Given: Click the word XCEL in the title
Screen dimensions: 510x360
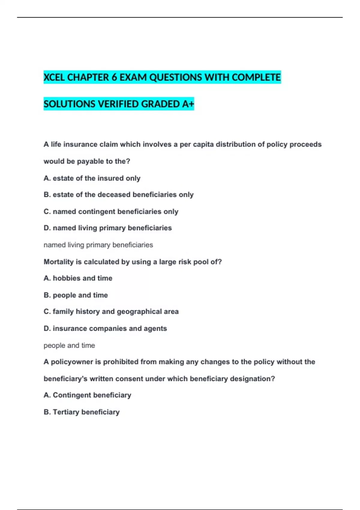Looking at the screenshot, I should (54, 77).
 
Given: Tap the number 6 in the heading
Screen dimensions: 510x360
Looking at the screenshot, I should (114, 77).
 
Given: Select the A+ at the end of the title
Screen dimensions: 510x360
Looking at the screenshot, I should (188, 104).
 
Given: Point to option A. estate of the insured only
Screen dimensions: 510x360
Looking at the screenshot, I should (92, 178).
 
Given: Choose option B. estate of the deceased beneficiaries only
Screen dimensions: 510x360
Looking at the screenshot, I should (118, 195).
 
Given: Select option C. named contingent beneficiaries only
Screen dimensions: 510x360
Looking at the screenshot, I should (111, 211).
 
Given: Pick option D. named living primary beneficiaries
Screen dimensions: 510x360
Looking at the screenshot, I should (108, 228).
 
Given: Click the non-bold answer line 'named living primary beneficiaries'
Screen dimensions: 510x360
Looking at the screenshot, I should (98, 245).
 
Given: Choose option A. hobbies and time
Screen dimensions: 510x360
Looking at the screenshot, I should (78, 278).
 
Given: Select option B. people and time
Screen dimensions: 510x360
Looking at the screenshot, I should (76, 295).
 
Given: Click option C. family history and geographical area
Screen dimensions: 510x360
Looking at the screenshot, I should (111, 312).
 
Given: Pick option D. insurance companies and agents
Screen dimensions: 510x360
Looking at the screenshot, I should (105, 328).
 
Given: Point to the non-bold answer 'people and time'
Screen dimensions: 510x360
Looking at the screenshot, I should (69, 346).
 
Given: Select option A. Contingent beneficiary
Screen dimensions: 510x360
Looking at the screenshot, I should (87, 395).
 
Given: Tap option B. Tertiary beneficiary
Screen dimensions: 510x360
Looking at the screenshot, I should (82, 412).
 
